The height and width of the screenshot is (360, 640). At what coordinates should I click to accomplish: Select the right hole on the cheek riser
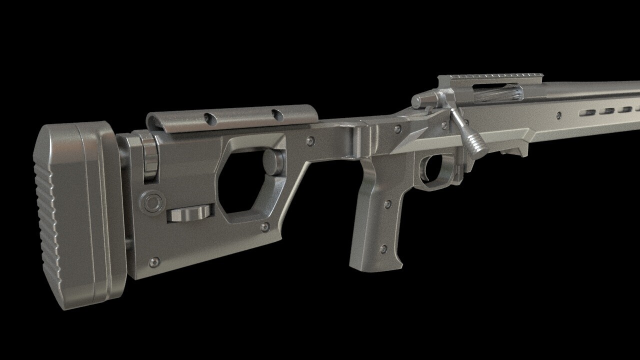click(277, 115)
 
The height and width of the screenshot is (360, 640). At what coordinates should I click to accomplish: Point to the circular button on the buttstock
click(152, 202)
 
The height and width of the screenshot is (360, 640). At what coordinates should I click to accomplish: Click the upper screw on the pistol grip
click(386, 203)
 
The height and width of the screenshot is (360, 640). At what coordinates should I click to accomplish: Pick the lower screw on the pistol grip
click(382, 248)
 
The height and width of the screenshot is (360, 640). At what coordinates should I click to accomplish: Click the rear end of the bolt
click(417, 101)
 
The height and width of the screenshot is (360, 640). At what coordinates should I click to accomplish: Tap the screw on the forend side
click(558, 115)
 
